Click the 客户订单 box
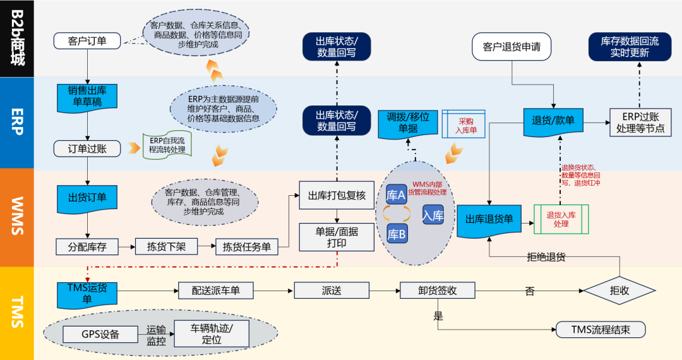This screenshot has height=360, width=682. click(x=88, y=41)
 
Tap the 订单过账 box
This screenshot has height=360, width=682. click(x=88, y=149)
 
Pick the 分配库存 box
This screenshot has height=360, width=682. click(x=88, y=247)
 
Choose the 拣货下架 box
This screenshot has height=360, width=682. click(x=166, y=246)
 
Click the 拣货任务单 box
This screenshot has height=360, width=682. click(x=247, y=247)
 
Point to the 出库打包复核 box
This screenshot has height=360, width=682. click(x=337, y=196)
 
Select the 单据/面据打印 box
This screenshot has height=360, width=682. click(x=337, y=237)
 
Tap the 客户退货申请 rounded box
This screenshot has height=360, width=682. click(x=512, y=47)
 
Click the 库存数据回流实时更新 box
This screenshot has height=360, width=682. click(x=630, y=47)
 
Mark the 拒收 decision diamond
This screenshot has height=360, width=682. click(x=619, y=291)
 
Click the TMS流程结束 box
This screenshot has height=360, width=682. click(x=601, y=329)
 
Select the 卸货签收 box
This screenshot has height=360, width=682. click(x=437, y=291)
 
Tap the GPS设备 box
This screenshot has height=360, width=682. click(x=100, y=334)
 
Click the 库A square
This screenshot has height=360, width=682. click(x=396, y=195)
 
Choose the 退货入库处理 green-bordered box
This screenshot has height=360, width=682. click(x=561, y=219)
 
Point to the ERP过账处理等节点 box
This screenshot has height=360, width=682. click(x=640, y=123)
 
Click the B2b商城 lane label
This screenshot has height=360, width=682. click(x=17, y=38)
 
